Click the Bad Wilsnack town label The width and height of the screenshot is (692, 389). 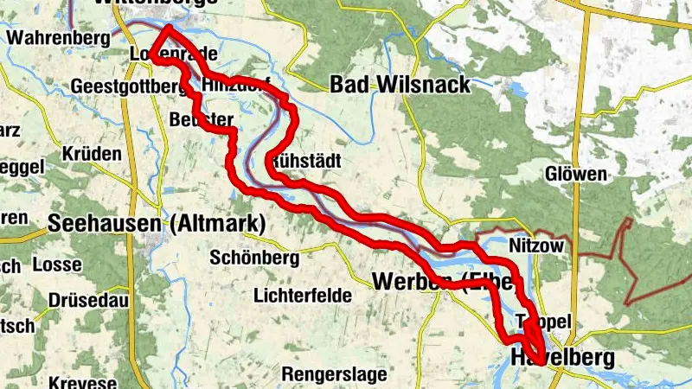click(400, 84)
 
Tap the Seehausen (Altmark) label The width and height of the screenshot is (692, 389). click(156, 223)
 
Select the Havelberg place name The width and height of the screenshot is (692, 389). click(561, 357)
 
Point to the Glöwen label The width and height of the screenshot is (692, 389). click(576, 174)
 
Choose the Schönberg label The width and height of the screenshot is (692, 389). click(254, 258)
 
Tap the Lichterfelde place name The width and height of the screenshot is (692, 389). click(303, 295)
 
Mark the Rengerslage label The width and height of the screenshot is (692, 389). click(332, 373)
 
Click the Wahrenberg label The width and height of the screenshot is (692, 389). click(58, 38)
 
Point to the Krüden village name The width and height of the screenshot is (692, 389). click(92, 152)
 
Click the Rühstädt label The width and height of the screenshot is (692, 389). click(305, 162)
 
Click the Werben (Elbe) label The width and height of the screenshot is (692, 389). click(443, 281)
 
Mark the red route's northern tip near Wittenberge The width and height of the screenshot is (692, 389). click(164, 29)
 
